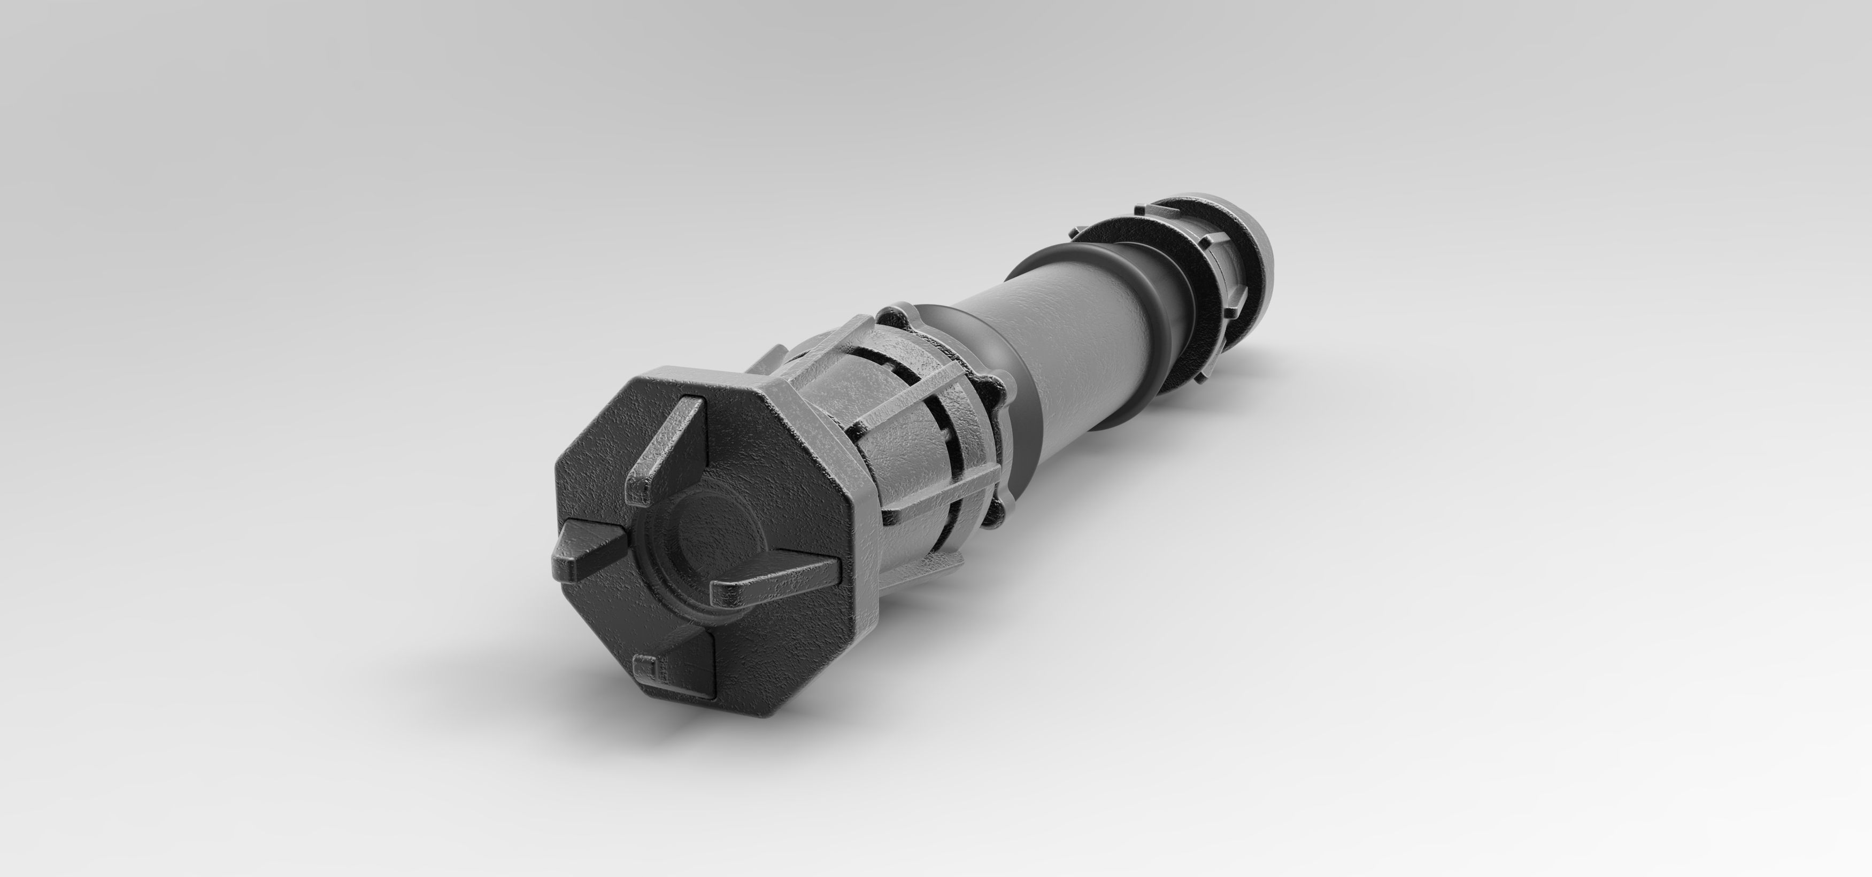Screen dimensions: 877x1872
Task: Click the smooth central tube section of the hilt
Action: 1075,342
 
